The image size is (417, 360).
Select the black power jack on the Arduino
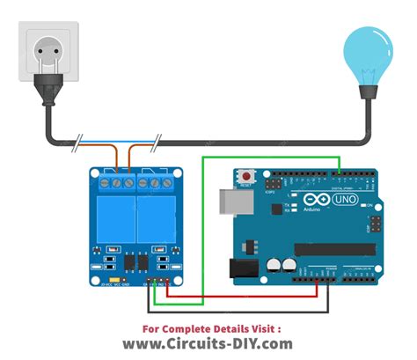tap(243, 267)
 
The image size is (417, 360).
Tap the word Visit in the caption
tap(267, 327)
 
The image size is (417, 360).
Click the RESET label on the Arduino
tap(245, 186)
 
